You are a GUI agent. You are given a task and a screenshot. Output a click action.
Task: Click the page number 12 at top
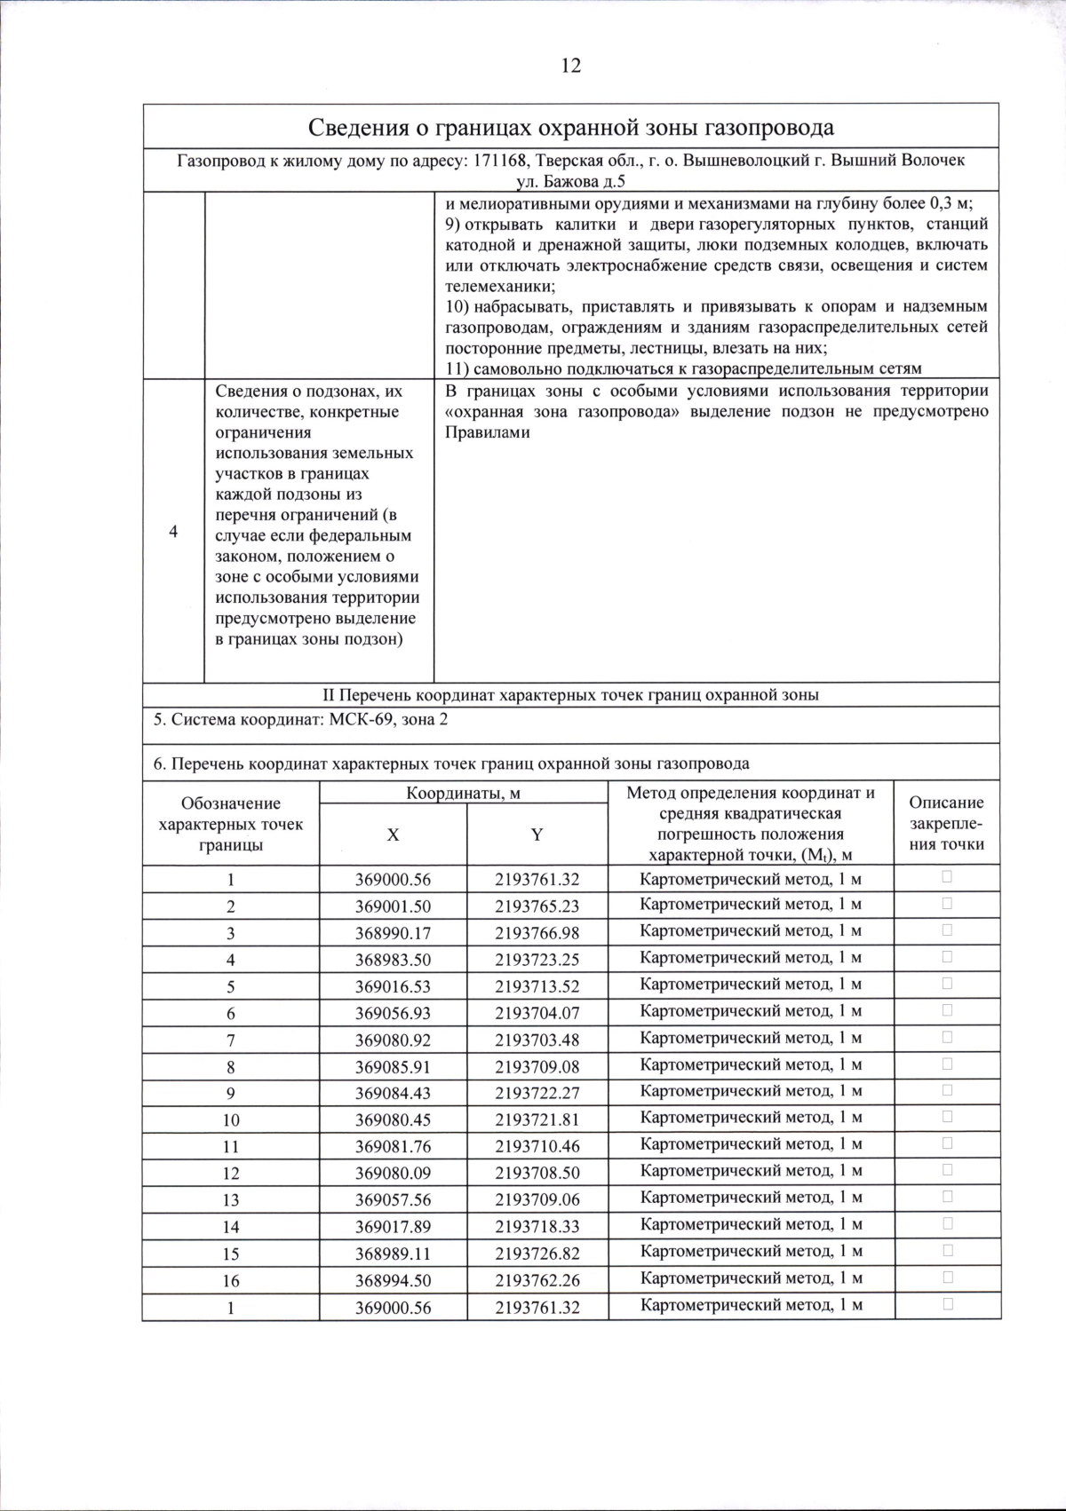571,66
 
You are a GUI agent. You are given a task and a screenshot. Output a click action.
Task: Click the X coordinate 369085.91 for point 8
393,1065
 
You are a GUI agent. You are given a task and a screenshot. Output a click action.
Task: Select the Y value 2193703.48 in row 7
537,1039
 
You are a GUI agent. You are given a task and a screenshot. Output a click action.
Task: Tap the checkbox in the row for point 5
947,984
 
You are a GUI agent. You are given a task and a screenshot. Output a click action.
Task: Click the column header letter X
393,835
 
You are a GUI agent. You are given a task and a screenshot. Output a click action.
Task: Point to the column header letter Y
537,835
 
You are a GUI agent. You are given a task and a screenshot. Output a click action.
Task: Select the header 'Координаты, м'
463,793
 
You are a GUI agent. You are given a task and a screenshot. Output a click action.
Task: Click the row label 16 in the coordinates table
231,1280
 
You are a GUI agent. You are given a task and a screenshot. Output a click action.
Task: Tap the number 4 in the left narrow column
173,532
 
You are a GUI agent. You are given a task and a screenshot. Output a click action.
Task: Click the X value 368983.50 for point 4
393,959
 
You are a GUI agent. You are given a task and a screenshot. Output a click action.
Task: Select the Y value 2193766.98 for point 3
537,932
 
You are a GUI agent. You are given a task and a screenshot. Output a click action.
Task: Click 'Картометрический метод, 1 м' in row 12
751,1172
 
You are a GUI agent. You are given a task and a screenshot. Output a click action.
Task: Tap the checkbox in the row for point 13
947,1197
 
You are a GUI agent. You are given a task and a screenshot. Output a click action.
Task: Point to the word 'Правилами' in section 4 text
487,432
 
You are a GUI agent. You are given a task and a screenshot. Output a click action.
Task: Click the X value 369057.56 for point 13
393,1199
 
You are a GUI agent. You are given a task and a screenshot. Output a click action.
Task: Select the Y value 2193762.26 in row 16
537,1280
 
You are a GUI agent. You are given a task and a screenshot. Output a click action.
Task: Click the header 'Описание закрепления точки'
946,823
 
